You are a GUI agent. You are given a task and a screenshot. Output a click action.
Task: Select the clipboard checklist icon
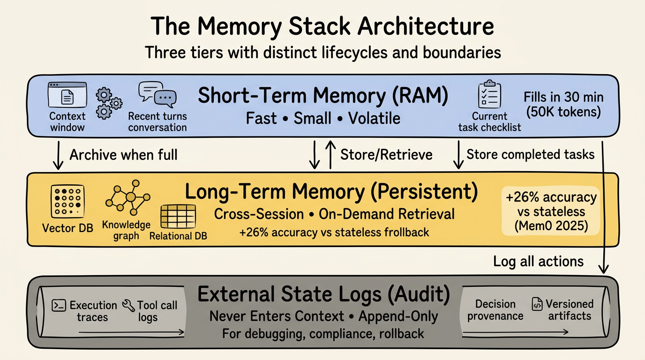coord(489,95)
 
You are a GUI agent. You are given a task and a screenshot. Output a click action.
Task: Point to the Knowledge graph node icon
coord(128,198)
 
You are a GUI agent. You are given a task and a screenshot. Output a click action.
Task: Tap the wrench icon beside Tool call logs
coord(128,306)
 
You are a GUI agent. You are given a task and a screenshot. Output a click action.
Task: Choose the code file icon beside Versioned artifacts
coord(537,304)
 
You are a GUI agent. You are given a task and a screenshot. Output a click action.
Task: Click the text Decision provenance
coord(495,310)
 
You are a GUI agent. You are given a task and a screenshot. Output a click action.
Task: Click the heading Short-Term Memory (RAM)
coord(323,96)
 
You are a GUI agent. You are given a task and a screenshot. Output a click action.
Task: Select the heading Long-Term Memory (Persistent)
coord(331,192)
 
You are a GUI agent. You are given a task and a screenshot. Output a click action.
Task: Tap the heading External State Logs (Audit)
coord(323,294)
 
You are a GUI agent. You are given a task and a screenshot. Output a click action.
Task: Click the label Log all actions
coord(538,261)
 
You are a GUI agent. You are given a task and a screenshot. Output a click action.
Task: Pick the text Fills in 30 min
coord(563,98)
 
